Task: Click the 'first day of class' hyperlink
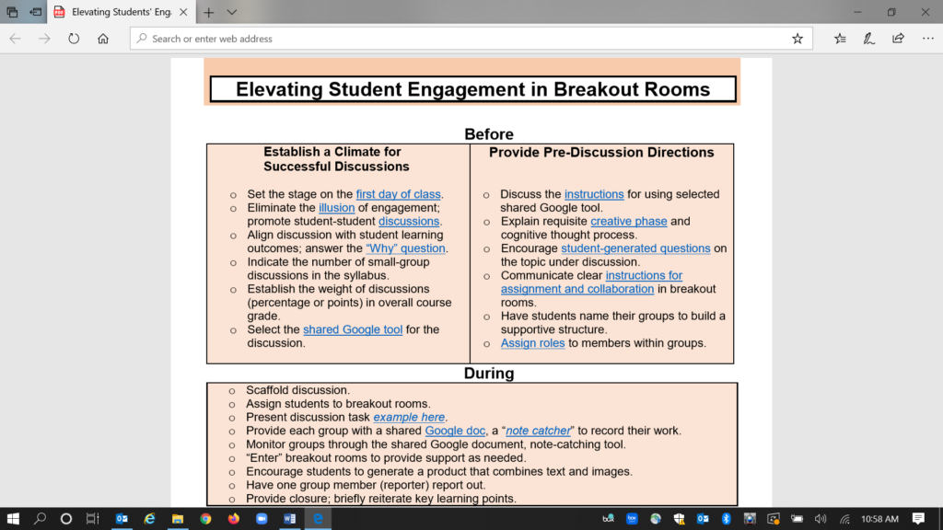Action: pos(399,194)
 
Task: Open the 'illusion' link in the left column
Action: pos(336,208)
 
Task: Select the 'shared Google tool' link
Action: pos(353,329)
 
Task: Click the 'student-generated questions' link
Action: pos(635,248)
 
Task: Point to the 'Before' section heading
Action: pos(489,134)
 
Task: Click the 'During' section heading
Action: pos(489,374)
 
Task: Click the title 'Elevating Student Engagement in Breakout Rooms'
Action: pos(472,89)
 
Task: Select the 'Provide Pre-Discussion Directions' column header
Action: pos(601,152)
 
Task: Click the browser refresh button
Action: pos(74,39)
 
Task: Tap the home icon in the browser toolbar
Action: pos(103,39)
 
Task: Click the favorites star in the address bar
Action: pos(797,39)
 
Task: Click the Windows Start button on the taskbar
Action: pos(13,518)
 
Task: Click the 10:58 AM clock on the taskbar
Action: pos(879,519)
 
